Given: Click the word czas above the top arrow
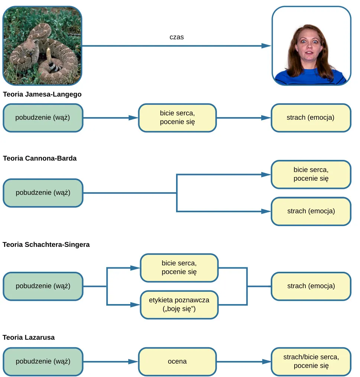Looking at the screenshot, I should [176, 37].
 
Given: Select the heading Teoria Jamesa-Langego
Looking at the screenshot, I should [42, 94].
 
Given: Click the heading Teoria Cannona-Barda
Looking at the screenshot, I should [40, 158].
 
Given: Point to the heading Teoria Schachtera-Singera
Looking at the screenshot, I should [46, 245].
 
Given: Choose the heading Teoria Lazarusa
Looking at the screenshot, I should [29, 338].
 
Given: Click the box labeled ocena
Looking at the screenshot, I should [177, 361].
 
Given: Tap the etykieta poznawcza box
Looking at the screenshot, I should [179, 305].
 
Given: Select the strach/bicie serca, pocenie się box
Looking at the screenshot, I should [311, 361].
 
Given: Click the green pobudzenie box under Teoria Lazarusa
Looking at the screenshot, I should [43, 361].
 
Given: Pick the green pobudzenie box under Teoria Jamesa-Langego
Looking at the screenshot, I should [43, 118].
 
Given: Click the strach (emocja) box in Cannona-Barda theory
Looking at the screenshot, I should [311, 211].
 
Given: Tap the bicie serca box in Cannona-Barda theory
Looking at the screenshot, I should [311, 174].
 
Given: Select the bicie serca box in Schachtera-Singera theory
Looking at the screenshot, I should [179, 268].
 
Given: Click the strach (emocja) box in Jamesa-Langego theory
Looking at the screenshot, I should [311, 118].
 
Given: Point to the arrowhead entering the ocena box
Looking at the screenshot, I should [134, 361].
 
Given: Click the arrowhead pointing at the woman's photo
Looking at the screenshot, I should [266, 46].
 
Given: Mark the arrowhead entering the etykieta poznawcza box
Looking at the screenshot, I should [135, 305].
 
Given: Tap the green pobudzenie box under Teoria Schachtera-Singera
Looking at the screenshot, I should [43, 286].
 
